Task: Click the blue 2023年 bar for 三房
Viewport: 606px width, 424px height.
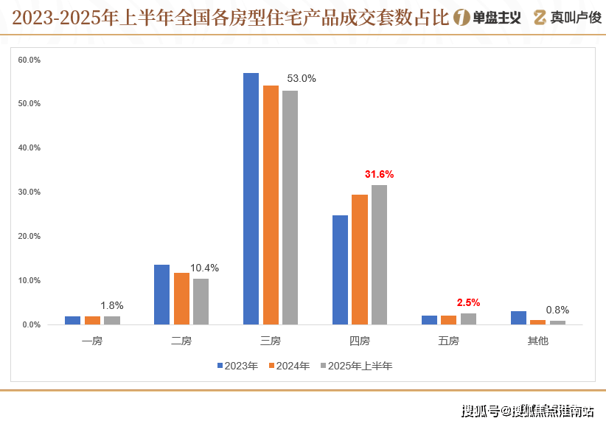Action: click(x=251, y=199)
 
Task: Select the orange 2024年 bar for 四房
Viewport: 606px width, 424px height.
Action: click(x=360, y=260)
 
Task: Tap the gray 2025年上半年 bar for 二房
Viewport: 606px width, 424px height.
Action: click(x=201, y=302)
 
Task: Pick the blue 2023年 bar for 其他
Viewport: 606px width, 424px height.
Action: click(x=518, y=318)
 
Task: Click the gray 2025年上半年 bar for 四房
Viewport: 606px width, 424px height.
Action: click(x=379, y=255)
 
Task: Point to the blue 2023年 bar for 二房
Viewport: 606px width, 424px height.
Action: click(x=162, y=295)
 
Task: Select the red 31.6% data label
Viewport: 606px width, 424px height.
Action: click(x=379, y=175)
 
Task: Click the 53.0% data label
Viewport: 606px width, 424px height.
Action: click(x=301, y=78)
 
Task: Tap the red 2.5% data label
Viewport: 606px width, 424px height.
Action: click(x=468, y=302)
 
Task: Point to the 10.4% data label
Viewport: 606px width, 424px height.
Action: click(x=204, y=268)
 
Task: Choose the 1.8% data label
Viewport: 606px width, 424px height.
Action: click(x=111, y=305)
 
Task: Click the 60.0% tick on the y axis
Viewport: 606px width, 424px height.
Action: click(x=29, y=60)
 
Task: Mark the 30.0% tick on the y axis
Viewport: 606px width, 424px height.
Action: click(x=29, y=192)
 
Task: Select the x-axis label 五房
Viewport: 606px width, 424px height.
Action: click(x=448, y=341)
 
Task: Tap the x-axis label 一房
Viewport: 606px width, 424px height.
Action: click(x=92, y=341)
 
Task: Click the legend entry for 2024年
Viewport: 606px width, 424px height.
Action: click(x=289, y=366)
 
